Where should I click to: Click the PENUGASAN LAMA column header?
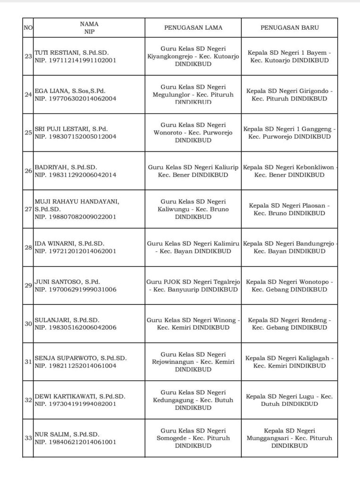(x=193, y=28)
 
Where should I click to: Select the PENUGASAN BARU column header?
(x=289, y=28)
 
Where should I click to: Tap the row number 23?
(x=28, y=57)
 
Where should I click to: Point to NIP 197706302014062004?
(x=75, y=99)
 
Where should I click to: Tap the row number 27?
(x=28, y=209)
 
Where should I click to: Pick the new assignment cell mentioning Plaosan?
(x=289, y=209)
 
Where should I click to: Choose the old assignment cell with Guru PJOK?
(x=193, y=285)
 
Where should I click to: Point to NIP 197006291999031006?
(x=75, y=289)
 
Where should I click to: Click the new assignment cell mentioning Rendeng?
(x=289, y=324)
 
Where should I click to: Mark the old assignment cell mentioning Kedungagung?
(x=193, y=400)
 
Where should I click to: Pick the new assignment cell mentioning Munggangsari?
(x=289, y=438)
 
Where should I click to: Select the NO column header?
(x=28, y=28)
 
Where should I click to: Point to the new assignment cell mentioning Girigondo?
(x=289, y=94)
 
